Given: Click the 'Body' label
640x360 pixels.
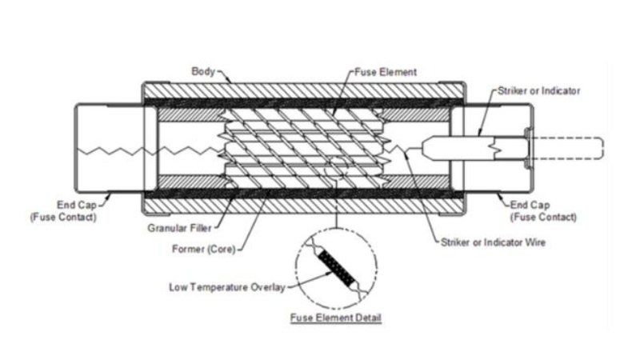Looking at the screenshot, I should click(202, 70).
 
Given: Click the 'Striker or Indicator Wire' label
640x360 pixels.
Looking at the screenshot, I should click(492, 242).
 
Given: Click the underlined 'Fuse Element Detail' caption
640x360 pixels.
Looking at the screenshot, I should click(336, 318).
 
